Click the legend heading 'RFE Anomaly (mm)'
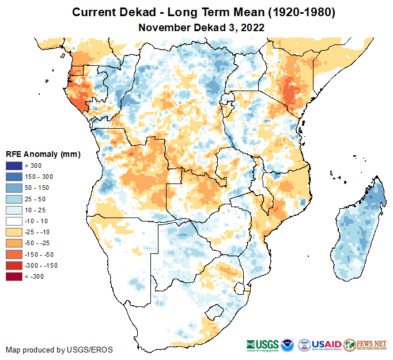(43, 155)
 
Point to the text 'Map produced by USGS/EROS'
(59, 350)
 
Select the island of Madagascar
(356, 231)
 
